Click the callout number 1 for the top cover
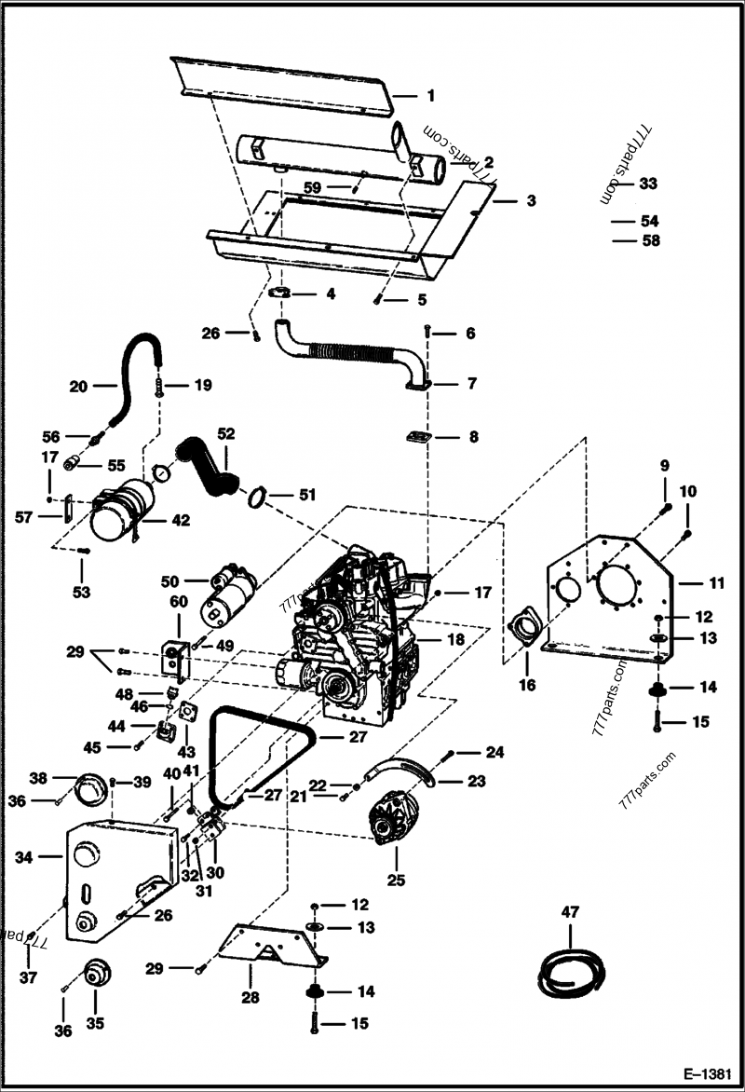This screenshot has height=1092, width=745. tap(430, 95)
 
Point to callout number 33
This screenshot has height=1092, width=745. tap(648, 184)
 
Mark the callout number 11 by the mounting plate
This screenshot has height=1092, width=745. tap(715, 584)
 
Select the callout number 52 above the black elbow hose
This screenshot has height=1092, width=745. tap(226, 433)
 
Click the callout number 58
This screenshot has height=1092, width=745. tap(650, 240)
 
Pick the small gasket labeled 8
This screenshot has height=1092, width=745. tap(416, 436)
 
